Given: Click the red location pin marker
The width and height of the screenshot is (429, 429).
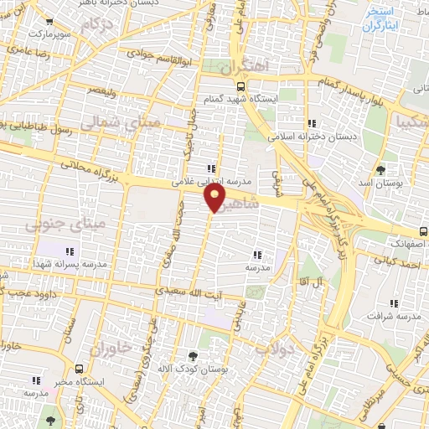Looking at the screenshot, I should pos(215,198).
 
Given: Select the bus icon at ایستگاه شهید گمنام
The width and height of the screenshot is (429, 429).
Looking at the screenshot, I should pos(241,85).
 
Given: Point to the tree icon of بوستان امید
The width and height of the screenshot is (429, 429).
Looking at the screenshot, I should pos(381,170).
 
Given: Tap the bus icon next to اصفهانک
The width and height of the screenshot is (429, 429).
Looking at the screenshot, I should pos(422,232).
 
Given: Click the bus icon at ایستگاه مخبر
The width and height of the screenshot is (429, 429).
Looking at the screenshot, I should pos(79,369).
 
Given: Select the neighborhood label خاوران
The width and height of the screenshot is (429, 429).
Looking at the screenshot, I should pos(111,346).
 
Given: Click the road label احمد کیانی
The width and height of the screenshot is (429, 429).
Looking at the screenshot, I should pos(396,265).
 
